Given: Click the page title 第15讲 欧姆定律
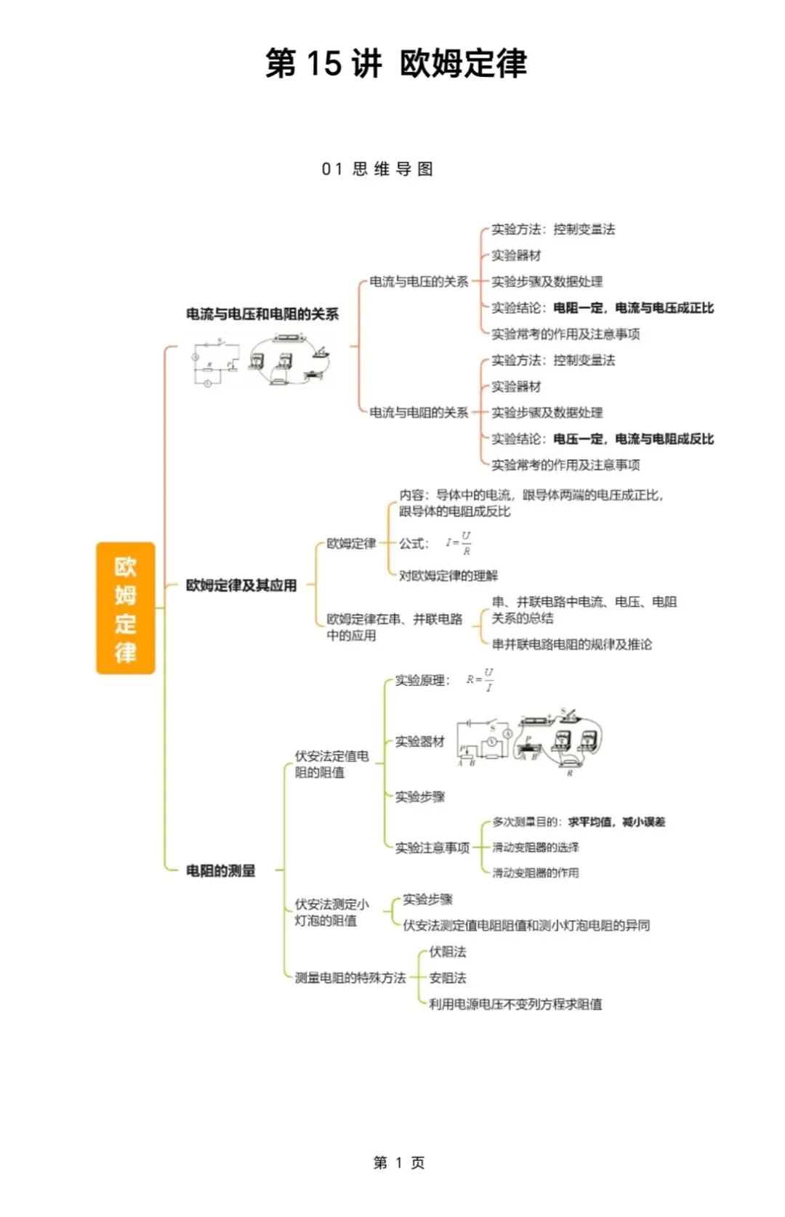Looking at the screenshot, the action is tap(396, 63).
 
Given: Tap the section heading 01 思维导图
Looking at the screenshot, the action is tap(377, 169).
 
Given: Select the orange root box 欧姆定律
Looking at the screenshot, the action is tap(126, 608).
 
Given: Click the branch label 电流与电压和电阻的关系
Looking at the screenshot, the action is tap(262, 314).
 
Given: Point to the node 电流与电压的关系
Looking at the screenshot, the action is tap(419, 281).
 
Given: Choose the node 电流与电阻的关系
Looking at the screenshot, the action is tap(419, 412).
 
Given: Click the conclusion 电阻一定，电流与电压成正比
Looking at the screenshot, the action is tap(633, 308).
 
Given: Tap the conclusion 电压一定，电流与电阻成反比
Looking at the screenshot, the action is tap(633, 439).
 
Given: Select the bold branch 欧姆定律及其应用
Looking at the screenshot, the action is tap(241, 585).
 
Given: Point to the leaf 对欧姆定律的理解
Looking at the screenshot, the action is tap(448, 575).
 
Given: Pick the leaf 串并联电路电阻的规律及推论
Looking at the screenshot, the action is tap(572, 644).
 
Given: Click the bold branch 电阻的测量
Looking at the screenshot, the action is tap(221, 870).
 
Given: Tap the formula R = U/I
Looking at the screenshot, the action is tap(480, 680).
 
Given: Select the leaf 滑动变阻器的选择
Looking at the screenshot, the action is tap(536, 847).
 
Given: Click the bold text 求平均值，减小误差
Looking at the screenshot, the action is tap(616, 822).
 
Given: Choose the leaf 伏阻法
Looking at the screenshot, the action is tap(448, 952).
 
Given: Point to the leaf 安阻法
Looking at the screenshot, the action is tap(448, 978).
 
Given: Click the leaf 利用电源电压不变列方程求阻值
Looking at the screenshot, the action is tap(515, 1004).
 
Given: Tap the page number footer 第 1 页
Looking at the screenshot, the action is tap(398, 1163).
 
